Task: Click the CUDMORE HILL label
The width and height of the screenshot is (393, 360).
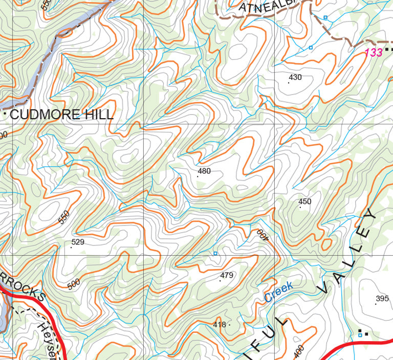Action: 61,115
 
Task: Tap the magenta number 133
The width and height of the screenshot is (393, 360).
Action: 374,52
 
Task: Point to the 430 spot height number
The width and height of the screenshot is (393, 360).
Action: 295,78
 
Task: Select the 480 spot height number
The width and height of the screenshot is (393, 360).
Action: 204,171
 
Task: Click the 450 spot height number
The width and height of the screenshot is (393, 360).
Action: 305,201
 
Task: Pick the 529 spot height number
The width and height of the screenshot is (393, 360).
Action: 78,242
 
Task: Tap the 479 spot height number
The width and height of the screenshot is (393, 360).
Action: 227,275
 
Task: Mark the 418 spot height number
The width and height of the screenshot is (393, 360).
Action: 219,324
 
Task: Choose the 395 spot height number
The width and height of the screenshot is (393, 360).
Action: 382,299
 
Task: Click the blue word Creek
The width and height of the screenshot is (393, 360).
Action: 279,292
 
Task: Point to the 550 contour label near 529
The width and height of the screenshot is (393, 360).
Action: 63,217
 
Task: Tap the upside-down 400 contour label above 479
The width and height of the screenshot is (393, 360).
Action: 263,236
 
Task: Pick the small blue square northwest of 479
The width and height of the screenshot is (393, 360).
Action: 215,254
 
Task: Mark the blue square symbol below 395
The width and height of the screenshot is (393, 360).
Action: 360,335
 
